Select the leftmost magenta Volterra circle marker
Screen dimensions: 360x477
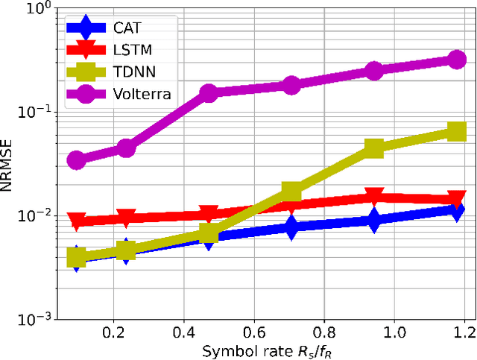point(76,160)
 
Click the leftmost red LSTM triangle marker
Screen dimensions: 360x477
point(76,221)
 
